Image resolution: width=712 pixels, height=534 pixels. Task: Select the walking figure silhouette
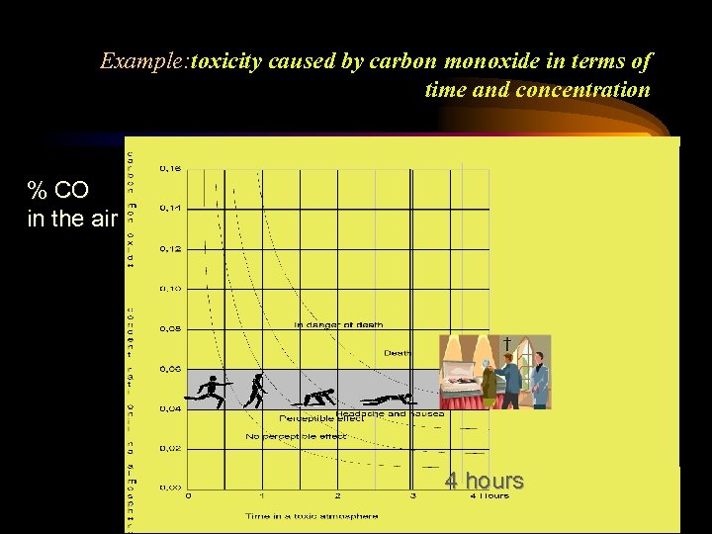pos(255,392)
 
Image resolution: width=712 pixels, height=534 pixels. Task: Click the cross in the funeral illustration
pos(507,343)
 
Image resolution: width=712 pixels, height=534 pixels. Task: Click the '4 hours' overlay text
pos(484,481)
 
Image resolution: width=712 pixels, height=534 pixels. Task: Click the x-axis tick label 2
pos(338,495)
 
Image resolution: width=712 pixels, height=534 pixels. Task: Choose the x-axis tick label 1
pos(262,495)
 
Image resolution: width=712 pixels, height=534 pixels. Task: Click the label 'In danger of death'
pos(338,324)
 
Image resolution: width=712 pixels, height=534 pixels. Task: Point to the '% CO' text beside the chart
pos(56,190)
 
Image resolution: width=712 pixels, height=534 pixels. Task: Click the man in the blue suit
pos(538,376)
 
